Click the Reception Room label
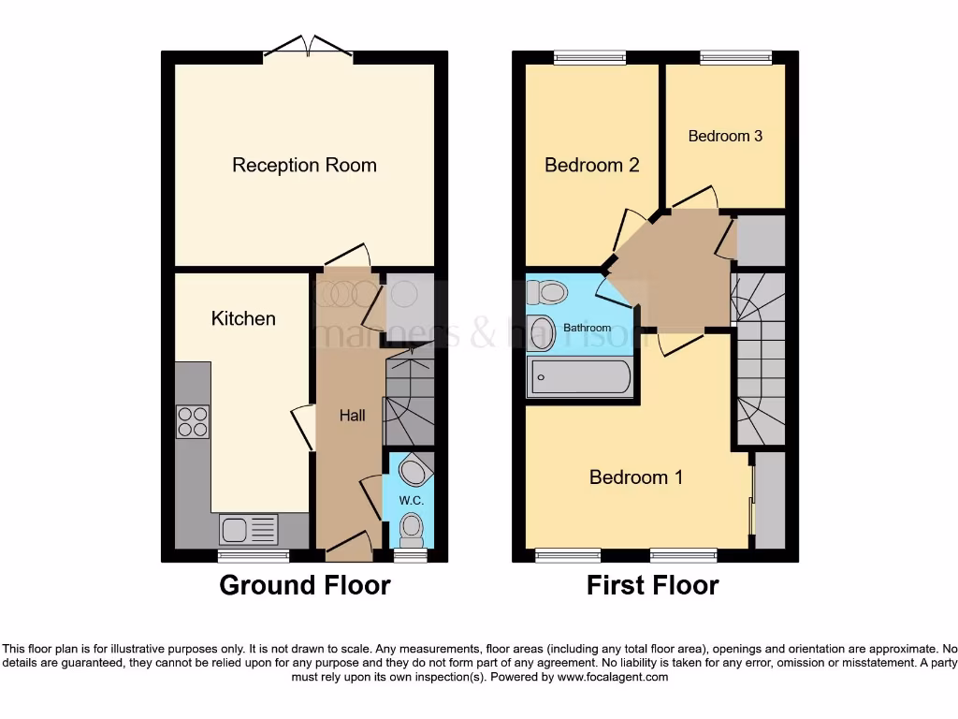pyautogui.click(x=304, y=166)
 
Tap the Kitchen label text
pyautogui.click(x=243, y=318)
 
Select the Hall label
pyautogui.click(x=353, y=416)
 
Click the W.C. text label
pyautogui.click(x=412, y=501)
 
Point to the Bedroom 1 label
pyautogui.click(x=635, y=477)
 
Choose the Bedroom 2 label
pyautogui.click(x=591, y=166)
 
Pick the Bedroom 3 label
pyautogui.click(x=725, y=136)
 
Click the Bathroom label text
pyautogui.click(x=587, y=328)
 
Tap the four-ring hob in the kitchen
pyautogui.click(x=194, y=421)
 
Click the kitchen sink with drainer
pyautogui.click(x=249, y=530)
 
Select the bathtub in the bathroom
pyautogui.click(x=581, y=377)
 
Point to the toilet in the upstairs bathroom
pyautogui.click(x=547, y=293)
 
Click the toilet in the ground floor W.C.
pyautogui.click(x=411, y=531)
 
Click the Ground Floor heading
pyautogui.click(x=304, y=586)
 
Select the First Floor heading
pyautogui.click(x=652, y=586)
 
